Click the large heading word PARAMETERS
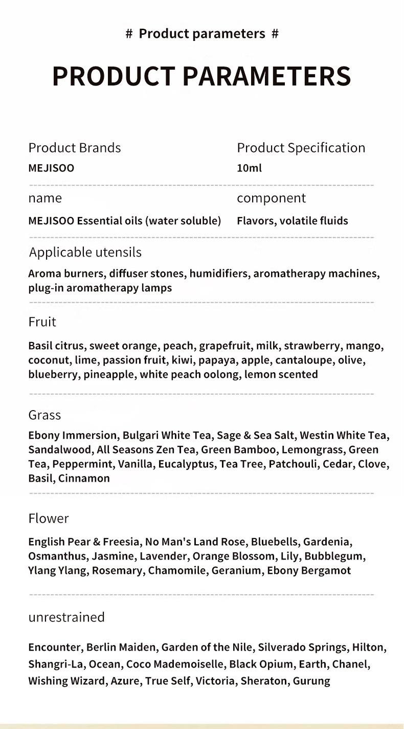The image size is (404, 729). pos(266,76)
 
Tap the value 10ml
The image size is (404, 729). pos(249,168)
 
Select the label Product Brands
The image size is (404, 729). pos(75,147)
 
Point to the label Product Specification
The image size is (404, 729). pos(301,147)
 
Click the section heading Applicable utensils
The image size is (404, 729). pos(85,252)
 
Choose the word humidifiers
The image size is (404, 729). pos(220,273)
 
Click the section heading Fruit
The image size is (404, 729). pos(42,321)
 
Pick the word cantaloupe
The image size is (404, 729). pos(305,360)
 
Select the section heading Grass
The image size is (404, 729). pos(44,415)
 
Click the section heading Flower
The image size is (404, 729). pos(48,518)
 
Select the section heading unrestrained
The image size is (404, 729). pos(66,617)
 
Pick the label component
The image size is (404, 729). pos(271,198)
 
